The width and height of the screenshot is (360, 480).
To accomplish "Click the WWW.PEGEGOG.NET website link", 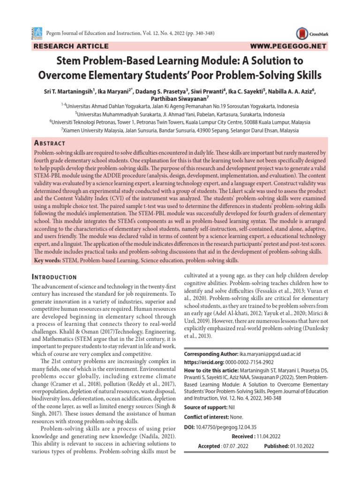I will point(288,46).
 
